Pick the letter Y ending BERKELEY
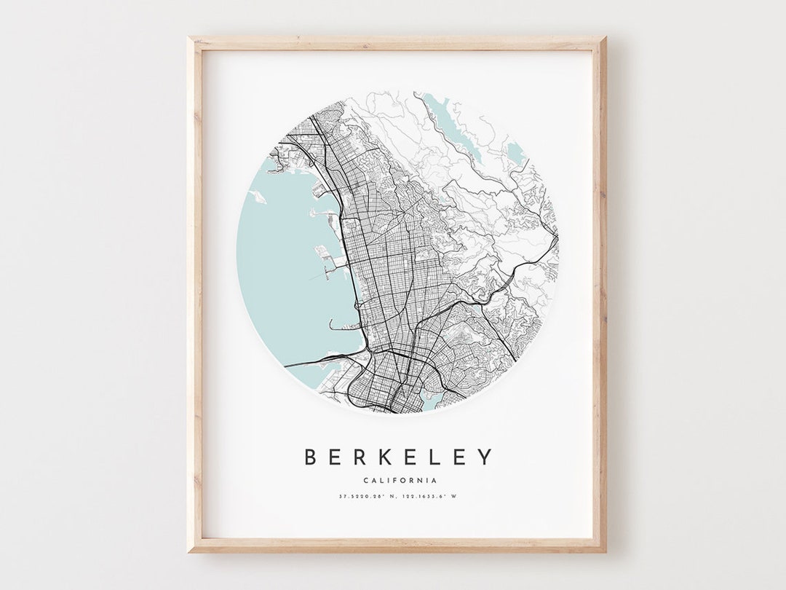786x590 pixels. point(485,457)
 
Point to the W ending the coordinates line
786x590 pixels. point(461,497)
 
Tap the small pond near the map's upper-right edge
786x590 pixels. point(515,152)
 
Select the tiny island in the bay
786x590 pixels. point(258,196)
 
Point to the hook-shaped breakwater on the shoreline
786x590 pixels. point(336,324)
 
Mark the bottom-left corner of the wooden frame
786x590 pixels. point(189,551)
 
